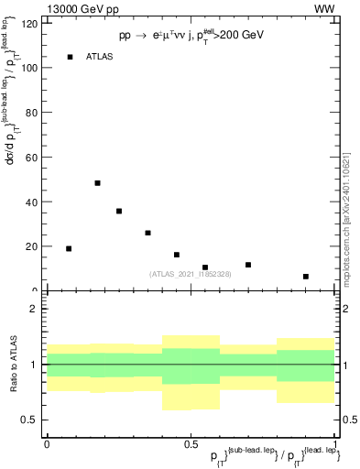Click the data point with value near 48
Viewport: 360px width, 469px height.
(97, 183)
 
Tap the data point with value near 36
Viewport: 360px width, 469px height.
(119, 211)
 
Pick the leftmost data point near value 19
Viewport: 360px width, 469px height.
(69, 248)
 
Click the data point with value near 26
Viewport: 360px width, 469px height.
(147, 233)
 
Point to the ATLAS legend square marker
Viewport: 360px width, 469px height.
(70, 57)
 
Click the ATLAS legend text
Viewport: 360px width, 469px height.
(99, 57)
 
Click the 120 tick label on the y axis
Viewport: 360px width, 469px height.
(29, 24)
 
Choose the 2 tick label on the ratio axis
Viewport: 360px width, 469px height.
(35, 309)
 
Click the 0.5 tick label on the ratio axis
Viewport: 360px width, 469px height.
(31, 420)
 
